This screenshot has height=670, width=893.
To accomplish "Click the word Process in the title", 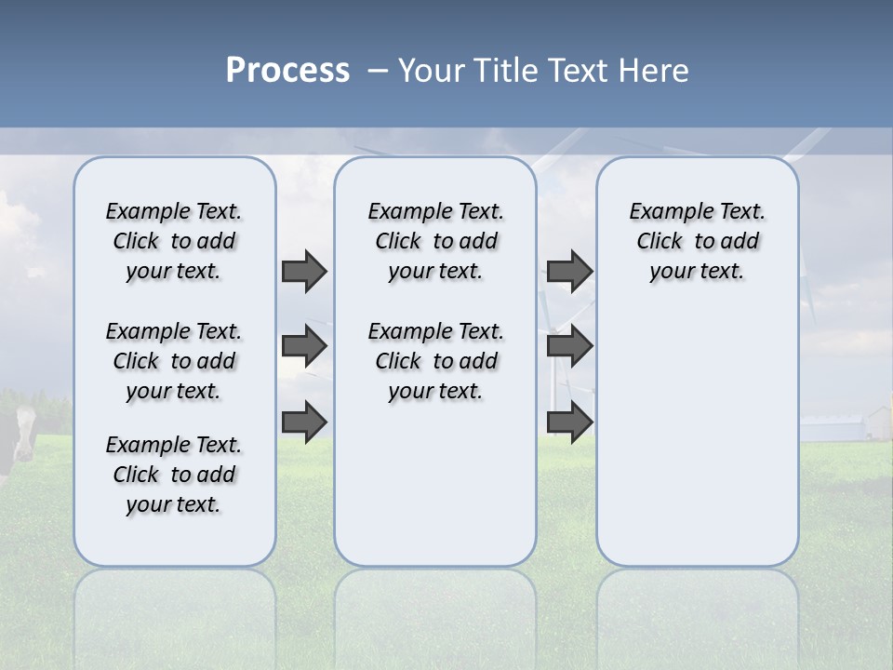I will pyautogui.click(x=287, y=71).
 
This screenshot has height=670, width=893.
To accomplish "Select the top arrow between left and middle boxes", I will pyautogui.click(x=304, y=271).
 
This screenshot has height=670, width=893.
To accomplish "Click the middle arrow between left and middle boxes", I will pyautogui.click(x=304, y=346).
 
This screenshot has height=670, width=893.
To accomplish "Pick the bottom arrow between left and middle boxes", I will pyautogui.click(x=304, y=422).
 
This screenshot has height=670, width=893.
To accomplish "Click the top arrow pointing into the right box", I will pyautogui.click(x=569, y=271).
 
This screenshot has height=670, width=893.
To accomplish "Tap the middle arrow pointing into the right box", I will pyautogui.click(x=569, y=346).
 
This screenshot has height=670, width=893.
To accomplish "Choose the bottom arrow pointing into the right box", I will pyautogui.click(x=569, y=422).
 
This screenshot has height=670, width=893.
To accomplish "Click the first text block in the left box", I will pyautogui.click(x=174, y=241).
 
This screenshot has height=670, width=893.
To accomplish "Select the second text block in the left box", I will pyautogui.click(x=174, y=361).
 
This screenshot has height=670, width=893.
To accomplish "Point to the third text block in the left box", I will pyautogui.click(x=174, y=475).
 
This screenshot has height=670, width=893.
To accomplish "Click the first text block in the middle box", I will pyautogui.click(x=435, y=241).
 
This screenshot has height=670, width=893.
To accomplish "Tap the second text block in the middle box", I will pyautogui.click(x=435, y=361).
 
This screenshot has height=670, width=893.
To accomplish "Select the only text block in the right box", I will pyautogui.click(x=697, y=241).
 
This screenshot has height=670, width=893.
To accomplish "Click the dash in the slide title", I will pyautogui.click(x=377, y=71).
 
